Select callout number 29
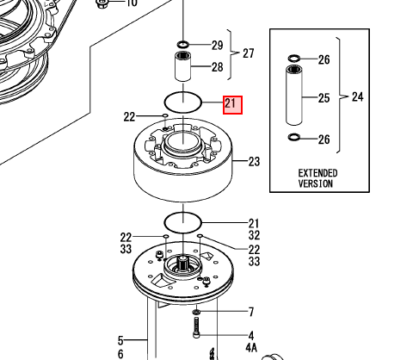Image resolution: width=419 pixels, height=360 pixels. point(218,46)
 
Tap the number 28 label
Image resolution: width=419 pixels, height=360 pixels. point(218,67)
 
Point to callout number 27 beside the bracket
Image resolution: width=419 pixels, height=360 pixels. point(249,53)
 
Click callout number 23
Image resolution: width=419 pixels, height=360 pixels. point(254,162)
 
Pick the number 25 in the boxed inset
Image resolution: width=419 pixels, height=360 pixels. point(324,98)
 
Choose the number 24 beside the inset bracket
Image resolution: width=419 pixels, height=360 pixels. point(358,96)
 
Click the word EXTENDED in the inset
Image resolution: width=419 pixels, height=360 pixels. point(317,173)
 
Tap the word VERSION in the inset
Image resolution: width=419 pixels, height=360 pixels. point(316,183)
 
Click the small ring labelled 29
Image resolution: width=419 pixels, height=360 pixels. point(182,45)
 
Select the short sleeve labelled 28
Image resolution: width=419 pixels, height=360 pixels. point(183,66)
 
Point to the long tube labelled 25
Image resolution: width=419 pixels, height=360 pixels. point(294,96)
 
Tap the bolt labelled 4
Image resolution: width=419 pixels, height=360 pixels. point(196,327)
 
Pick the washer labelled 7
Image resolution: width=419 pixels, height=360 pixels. point(197,312)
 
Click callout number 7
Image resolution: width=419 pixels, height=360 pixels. point(251,312)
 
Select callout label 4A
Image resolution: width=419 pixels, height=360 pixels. point(251,348)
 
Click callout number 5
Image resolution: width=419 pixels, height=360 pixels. point(120,341)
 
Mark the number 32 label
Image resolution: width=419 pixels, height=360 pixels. point(254,235)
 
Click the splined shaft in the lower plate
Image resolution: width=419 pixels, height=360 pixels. point(182,264)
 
